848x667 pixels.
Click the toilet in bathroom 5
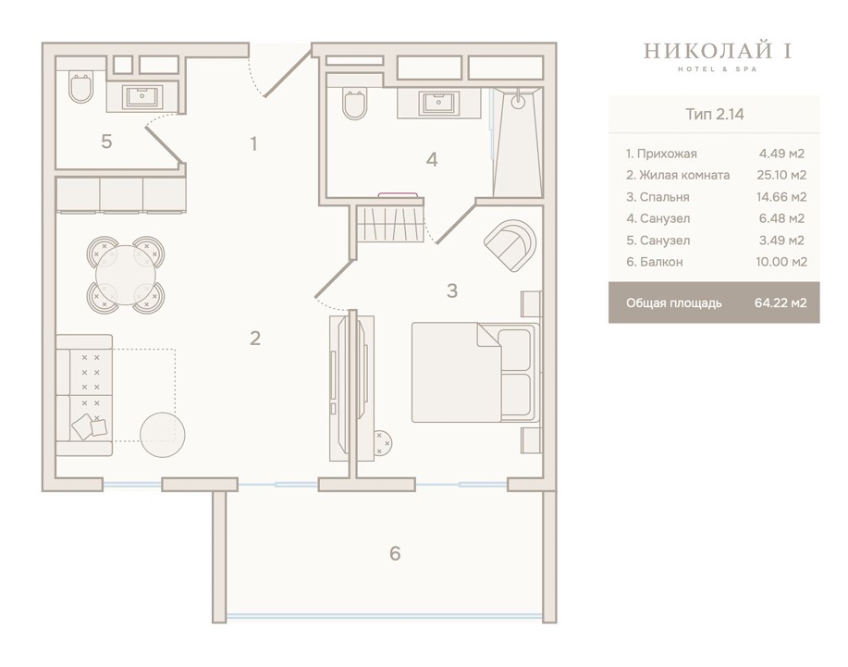(x=81, y=88)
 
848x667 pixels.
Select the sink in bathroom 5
(x=142, y=97)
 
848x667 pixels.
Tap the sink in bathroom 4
(x=438, y=104)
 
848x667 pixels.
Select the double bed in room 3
(x=475, y=372)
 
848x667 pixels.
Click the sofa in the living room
(x=84, y=395)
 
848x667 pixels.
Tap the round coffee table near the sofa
(x=163, y=435)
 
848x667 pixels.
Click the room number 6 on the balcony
(x=396, y=553)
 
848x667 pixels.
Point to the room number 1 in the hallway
(x=253, y=144)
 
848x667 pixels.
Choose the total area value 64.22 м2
(x=780, y=303)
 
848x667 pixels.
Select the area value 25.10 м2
(x=781, y=175)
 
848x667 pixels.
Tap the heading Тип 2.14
(x=715, y=114)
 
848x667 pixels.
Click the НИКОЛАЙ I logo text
(x=718, y=51)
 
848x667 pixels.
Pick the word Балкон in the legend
(x=662, y=262)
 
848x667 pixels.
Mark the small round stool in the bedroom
(x=382, y=442)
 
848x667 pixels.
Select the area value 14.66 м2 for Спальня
(x=781, y=196)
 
